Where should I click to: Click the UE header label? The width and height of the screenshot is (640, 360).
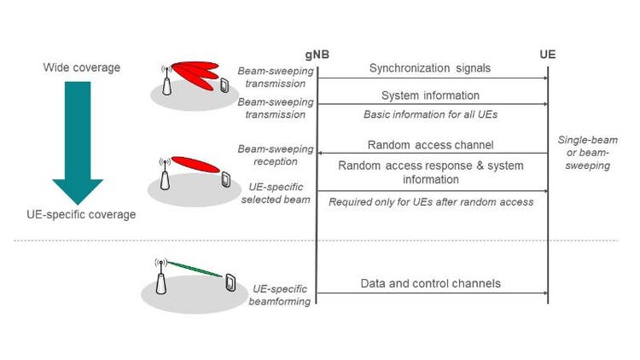548,55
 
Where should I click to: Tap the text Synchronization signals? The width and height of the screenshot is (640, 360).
431,68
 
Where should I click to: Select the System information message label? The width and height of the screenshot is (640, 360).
431,96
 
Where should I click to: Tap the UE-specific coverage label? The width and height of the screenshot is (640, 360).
80,215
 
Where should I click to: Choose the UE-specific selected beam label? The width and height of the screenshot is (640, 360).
270,193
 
